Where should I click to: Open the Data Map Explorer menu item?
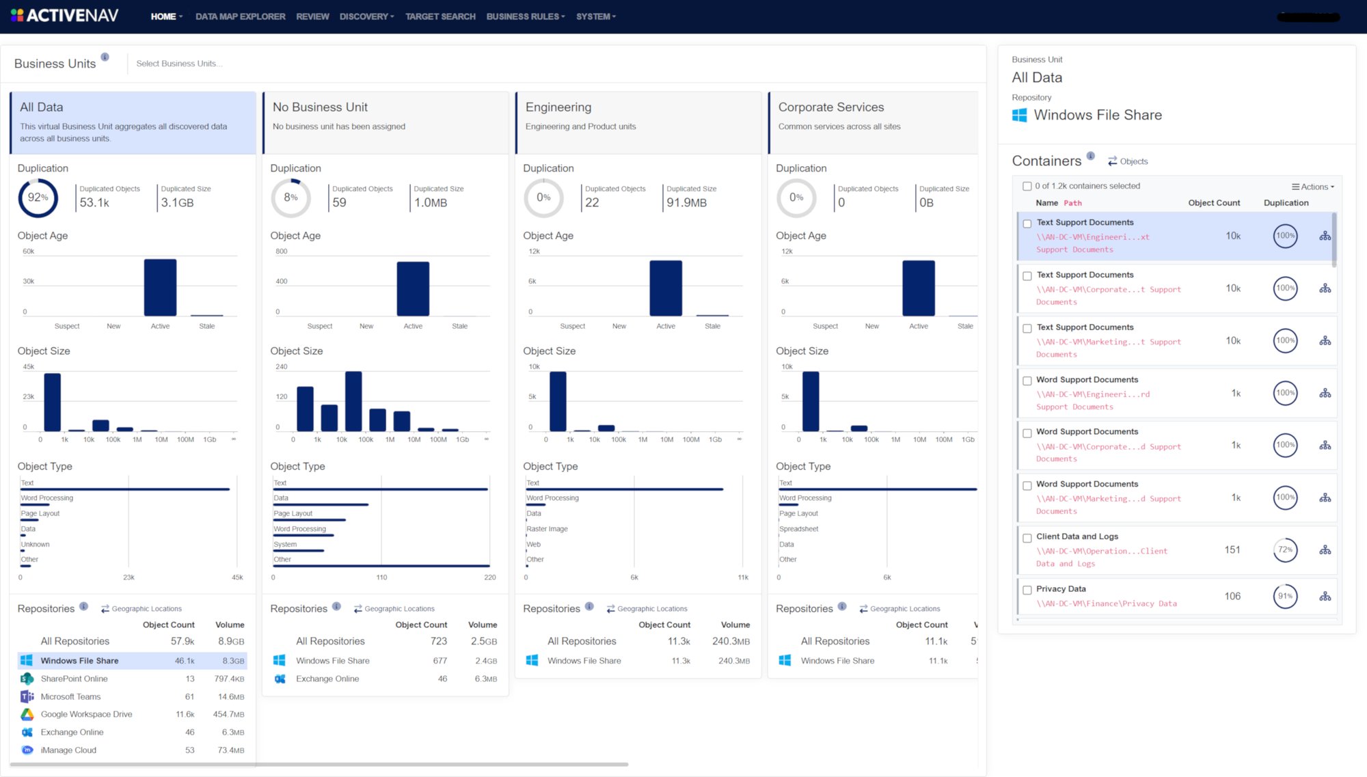tap(240, 16)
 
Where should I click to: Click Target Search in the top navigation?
tap(440, 16)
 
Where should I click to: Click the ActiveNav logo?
tap(65, 15)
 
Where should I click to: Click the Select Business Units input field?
tap(179, 64)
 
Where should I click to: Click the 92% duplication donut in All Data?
tap(38, 197)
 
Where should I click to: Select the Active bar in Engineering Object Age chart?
tap(666, 288)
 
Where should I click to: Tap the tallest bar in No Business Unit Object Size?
tap(353, 400)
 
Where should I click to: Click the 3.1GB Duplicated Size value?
tap(178, 203)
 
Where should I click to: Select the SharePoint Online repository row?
tap(74, 679)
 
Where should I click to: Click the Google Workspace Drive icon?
tap(27, 714)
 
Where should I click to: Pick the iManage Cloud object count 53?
tap(189, 750)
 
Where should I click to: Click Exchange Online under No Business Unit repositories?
tap(327, 679)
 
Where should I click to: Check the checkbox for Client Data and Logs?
tap(1027, 538)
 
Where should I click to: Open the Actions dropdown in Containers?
tap(1313, 187)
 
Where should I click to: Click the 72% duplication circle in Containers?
tap(1285, 549)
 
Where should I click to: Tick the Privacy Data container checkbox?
tap(1027, 590)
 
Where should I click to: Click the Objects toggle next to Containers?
tap(1128, 161)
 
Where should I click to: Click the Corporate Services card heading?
tap(831, 107)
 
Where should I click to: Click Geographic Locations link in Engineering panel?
tap(651, 609)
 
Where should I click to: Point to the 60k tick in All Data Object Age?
tap(29, 251)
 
